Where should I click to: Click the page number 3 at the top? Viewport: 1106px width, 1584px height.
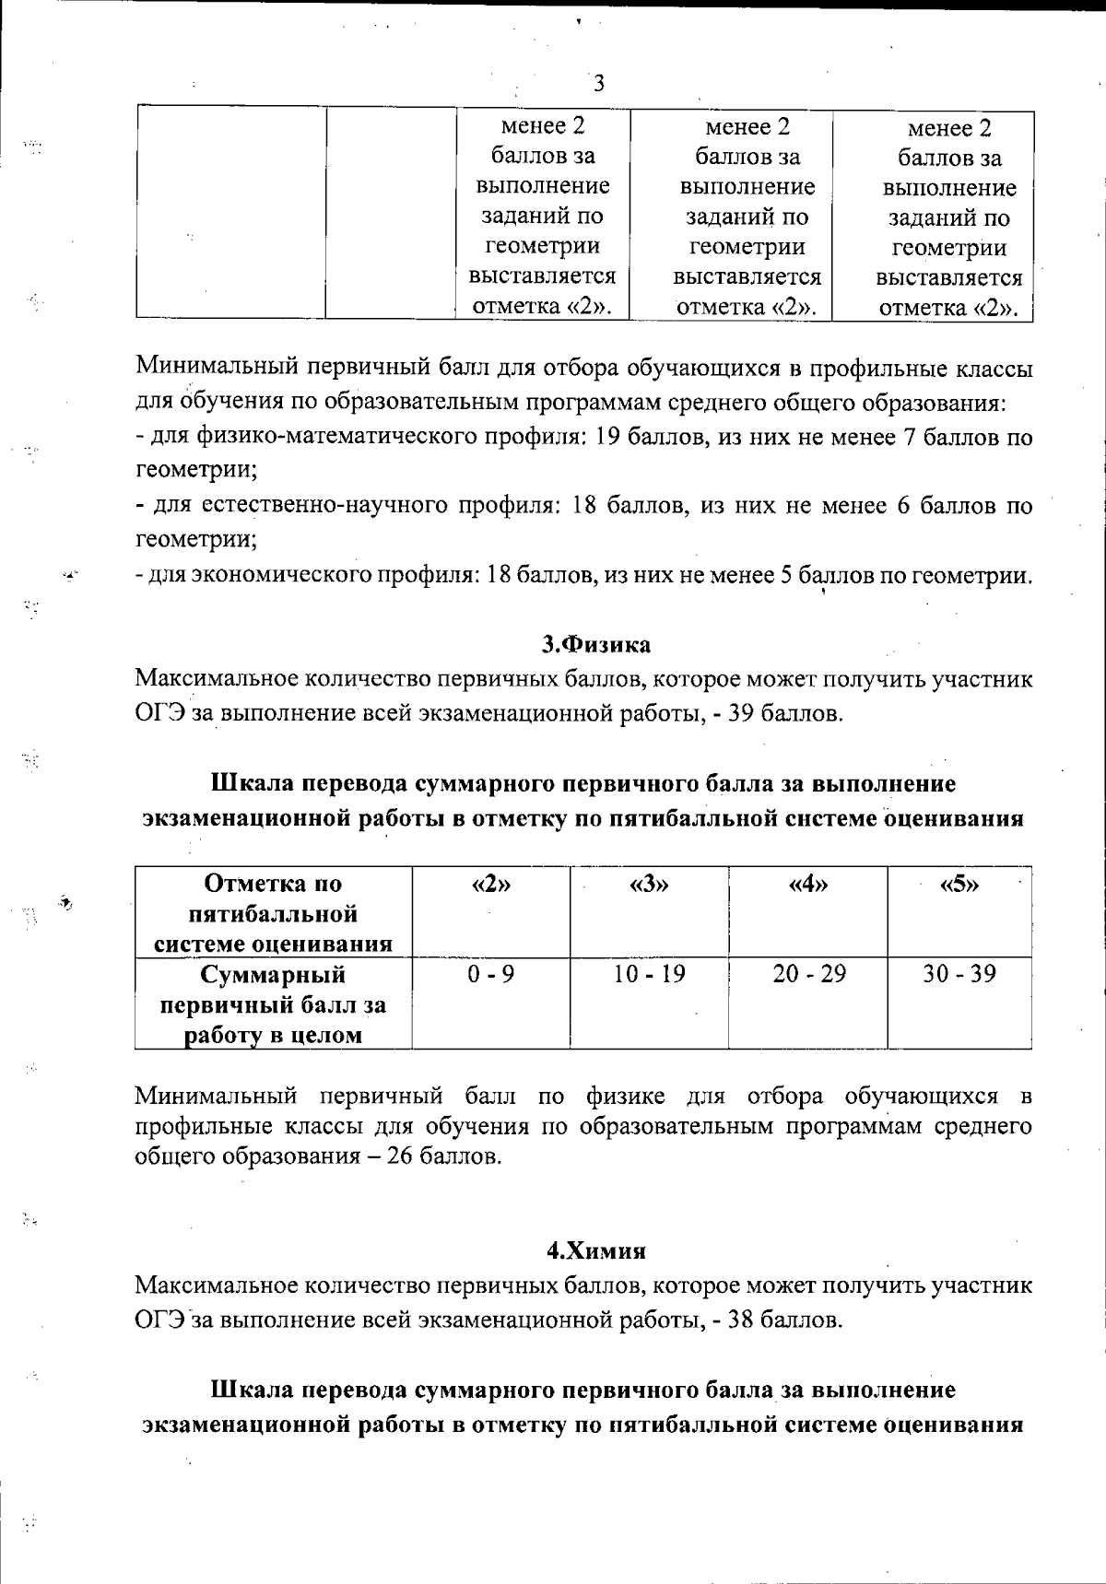(598, 85)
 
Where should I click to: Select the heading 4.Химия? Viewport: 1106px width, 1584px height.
(596, 1250)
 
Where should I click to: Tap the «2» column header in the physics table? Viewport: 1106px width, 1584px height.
(490, 885)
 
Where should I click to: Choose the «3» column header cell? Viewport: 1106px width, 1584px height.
(649, 885)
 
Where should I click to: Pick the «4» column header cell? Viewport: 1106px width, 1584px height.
(808, 885)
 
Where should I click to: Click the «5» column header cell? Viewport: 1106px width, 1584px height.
(959, 885)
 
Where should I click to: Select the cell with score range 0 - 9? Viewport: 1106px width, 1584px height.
(490, 974)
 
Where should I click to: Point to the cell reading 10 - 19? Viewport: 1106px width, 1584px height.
(649, 974)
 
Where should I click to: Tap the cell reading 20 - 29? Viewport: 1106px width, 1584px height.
(808, 974)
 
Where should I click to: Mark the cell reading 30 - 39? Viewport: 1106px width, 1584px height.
(959, 974)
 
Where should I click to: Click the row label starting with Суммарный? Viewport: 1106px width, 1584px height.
(273, 1004)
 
